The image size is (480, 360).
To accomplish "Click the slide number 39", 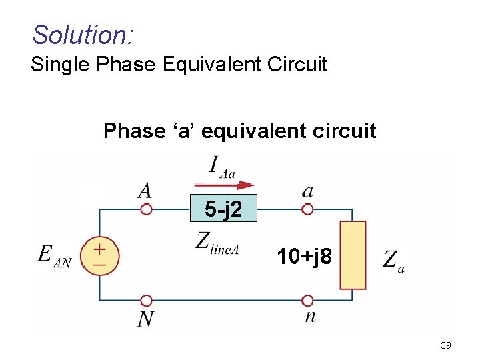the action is pos(446,345).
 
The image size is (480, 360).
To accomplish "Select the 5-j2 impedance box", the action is pos(223,209).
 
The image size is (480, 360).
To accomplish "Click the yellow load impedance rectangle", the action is pos(353,255).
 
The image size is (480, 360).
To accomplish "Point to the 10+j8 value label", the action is pos(304,255).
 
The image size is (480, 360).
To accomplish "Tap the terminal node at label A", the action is pos(146,209).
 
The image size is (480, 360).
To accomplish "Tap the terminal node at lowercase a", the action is pos(307,209).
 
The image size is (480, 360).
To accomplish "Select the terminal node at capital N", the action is pos(146,301).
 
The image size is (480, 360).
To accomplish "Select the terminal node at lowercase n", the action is pos(307,301).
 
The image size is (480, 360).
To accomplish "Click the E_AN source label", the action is pos(54,255).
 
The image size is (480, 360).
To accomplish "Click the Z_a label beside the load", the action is pos(393,260).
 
